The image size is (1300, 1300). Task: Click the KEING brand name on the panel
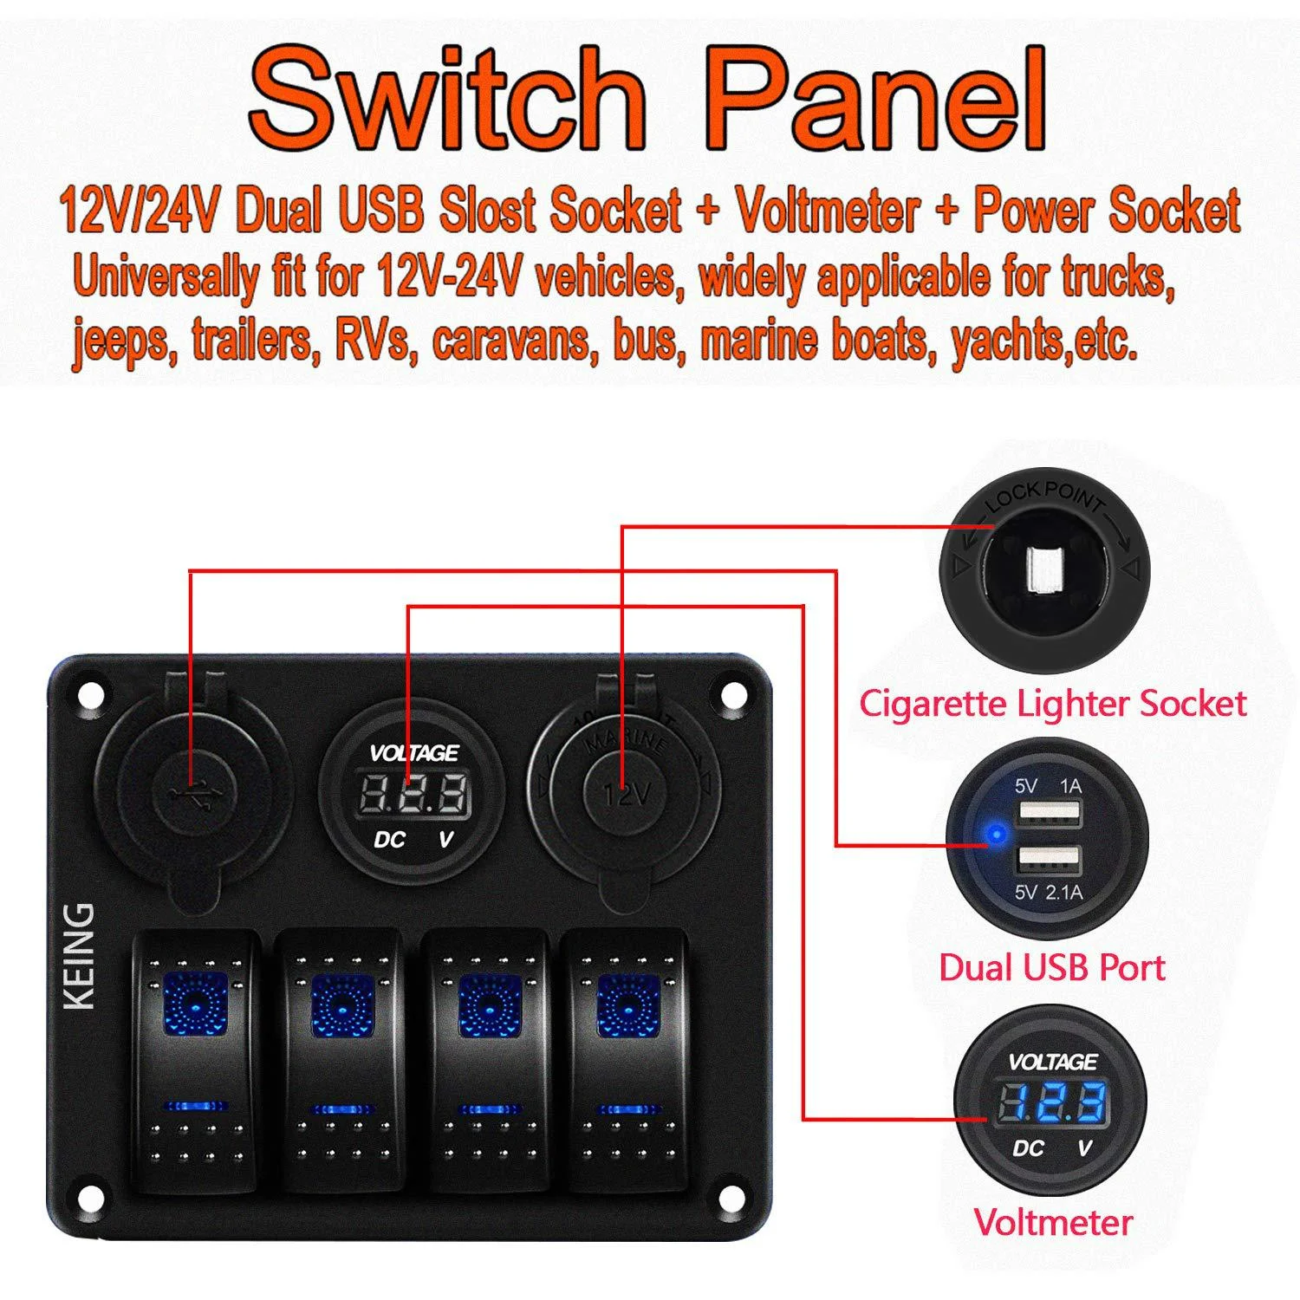pyautogui.click(x=80, y=956)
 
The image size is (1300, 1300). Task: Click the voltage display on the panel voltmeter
pyautogui.click(x=413, y=793)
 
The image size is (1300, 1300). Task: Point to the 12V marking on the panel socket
pyautogui.click(x=627, y=794)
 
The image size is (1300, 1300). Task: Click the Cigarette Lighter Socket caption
pyautogui.click(x=1052, y=703)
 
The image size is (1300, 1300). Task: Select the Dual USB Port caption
pyautogui.click(x=1051, y=967)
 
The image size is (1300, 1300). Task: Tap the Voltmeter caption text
pyautogui.click(x=1053, y=1222)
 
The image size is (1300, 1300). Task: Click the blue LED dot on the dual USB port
pyautogui.click(x=996, y=836)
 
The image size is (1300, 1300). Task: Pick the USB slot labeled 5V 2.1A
pyautogui.click(x=1050, y=861)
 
